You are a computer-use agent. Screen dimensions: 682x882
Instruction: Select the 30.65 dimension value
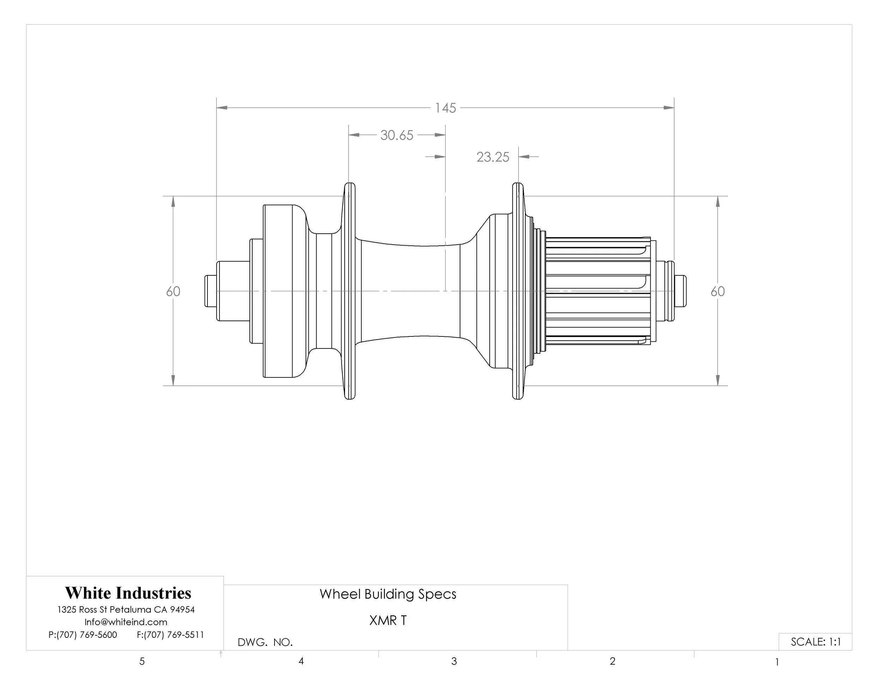pyautogui.click(x=397, y=135)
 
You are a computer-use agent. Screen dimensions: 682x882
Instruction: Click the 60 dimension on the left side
pyautogui.click(x=173, y=291)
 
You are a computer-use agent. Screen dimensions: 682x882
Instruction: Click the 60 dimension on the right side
pyautogui.click(x=717, y=291)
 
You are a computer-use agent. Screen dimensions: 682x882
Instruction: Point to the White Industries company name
pyautogui.click(x=128, y=593)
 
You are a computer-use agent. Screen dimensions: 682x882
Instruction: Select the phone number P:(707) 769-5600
pyautogui.click(x=83, y=635)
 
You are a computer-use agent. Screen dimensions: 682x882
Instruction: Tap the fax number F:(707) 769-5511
pyautogui.click(x=170, y=635)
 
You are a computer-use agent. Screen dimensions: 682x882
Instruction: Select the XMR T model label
pyautogui.click(x=388, y=620)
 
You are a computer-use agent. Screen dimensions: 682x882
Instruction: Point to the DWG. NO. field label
pyautogui.click(x=265, y=642)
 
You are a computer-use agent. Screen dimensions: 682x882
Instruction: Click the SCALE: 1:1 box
pyautogui.click(x=815, y=642)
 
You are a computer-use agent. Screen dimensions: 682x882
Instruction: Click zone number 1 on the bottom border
pyautogui.click(x=777, y=662)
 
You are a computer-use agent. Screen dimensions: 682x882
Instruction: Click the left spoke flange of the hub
pyautogui.click(x=349, y=291)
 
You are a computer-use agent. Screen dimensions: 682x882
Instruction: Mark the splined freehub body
pyautogui.click(x=598, y=291)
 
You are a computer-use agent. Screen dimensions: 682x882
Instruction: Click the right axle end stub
pyautogui.click(x=680, y=291)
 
